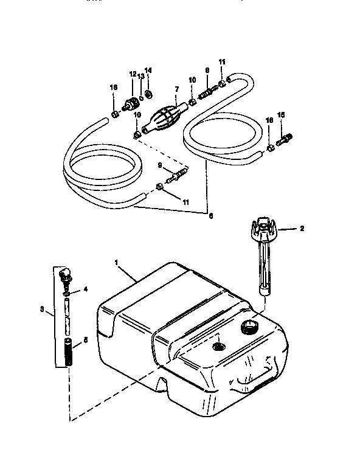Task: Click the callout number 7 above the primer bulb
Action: (x=176, y=89)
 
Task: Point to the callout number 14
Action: (x=149, y=71)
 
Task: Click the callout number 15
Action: (x=280, y=115)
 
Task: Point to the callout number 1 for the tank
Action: (x=117, y=262)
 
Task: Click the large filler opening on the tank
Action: (x=249, y=328)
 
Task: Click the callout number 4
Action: (x=85, y=289)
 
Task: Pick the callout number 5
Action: (x=85, y=341)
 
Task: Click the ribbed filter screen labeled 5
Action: (x=67, y=353)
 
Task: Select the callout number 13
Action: (x=141, y=77)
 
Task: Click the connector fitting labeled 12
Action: (x=130, y=102)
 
